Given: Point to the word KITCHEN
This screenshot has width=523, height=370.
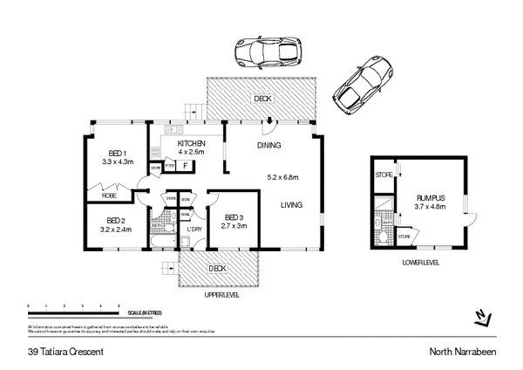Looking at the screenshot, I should click(192, 143).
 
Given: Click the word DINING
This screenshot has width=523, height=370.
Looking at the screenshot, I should click(268, 145).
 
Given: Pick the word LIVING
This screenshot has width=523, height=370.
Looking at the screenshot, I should click(292, 206).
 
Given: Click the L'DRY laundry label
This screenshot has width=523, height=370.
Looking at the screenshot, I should click(195, 230).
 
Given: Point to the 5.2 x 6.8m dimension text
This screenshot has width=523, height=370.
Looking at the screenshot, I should click(282, 178).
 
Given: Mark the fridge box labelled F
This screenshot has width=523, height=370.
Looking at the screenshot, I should click(185, 165).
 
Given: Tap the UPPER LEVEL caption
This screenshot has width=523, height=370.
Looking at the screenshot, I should click(221, 295).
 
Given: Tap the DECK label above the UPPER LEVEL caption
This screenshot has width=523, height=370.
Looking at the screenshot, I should click(218, 268).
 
